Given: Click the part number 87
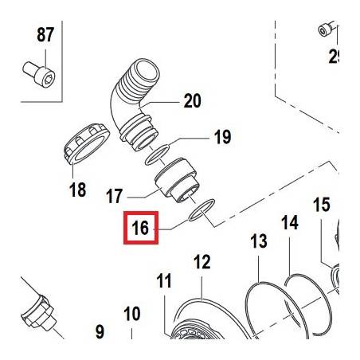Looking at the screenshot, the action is click(x=45, y=35).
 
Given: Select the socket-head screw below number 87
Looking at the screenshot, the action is click(x=39, y=74).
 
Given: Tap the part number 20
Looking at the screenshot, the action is click(x=193, y=101).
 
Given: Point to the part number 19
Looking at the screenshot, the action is click(x=222, y=137).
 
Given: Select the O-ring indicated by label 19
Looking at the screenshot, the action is click(x=158, y=155).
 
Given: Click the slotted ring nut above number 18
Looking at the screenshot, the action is click(x=87, y=143).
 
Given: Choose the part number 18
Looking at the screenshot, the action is click(x=78, y=190).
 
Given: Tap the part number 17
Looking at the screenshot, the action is click(x=115, y=196).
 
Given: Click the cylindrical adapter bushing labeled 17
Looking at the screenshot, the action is click(x=175, y=180).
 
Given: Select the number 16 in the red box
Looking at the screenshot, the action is click(x=140, y=228).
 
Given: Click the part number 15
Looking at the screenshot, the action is click(x=322, y=205).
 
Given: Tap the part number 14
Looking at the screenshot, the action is click(x=290, y=222).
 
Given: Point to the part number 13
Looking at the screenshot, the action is click(x=259, y=241).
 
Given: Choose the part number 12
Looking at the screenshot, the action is click(x=202, y=262).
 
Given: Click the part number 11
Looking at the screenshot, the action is click(x=164, y=280).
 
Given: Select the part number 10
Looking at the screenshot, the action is click(x=132, y=314).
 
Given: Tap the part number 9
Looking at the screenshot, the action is click(x=100, y=332).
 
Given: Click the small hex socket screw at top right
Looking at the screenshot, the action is click(x=325, y=30).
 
